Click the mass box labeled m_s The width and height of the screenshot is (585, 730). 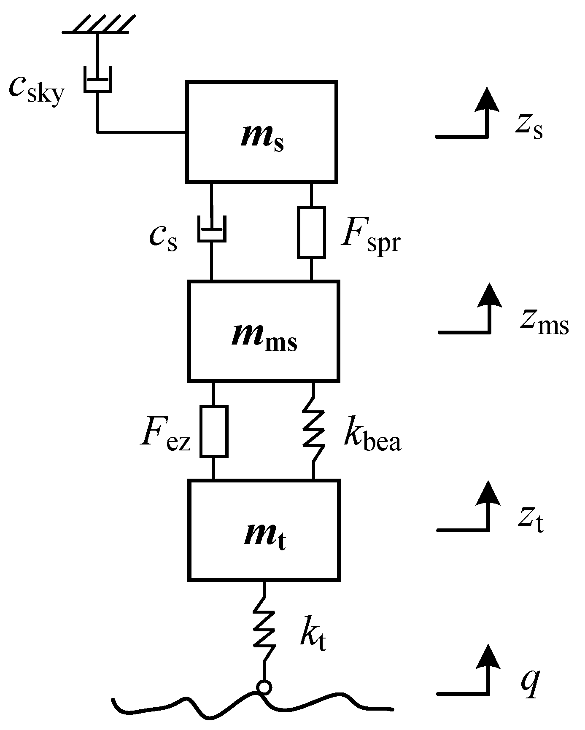pos(261,132)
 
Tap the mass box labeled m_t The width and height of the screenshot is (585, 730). pos(264,530)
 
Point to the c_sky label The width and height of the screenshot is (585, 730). pos(37,90)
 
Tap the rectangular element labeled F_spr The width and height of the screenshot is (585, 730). pos(311,232)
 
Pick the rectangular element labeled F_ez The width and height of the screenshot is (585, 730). pos(214,431)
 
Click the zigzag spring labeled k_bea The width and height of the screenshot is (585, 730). pos(314,431)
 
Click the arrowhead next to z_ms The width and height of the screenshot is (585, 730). pos(489,295)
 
